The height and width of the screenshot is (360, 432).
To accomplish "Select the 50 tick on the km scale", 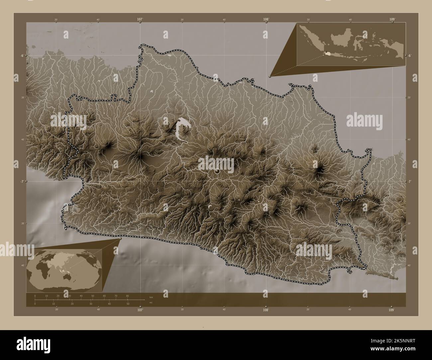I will [x=92, y=296].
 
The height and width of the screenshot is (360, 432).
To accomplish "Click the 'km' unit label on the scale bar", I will [x=151, y=297].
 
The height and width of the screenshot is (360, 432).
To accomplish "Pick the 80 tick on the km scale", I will [x=127, y=296].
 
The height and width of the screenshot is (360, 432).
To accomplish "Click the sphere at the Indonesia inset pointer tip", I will [x=270, y=76].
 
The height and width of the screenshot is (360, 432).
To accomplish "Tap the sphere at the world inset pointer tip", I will [x=120, y=238].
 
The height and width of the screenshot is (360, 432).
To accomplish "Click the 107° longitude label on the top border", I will [x=140, y=20].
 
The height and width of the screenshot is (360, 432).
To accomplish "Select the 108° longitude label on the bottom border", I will [x=266, y=310].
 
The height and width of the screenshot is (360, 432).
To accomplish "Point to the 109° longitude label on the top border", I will [x=392, y=20].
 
